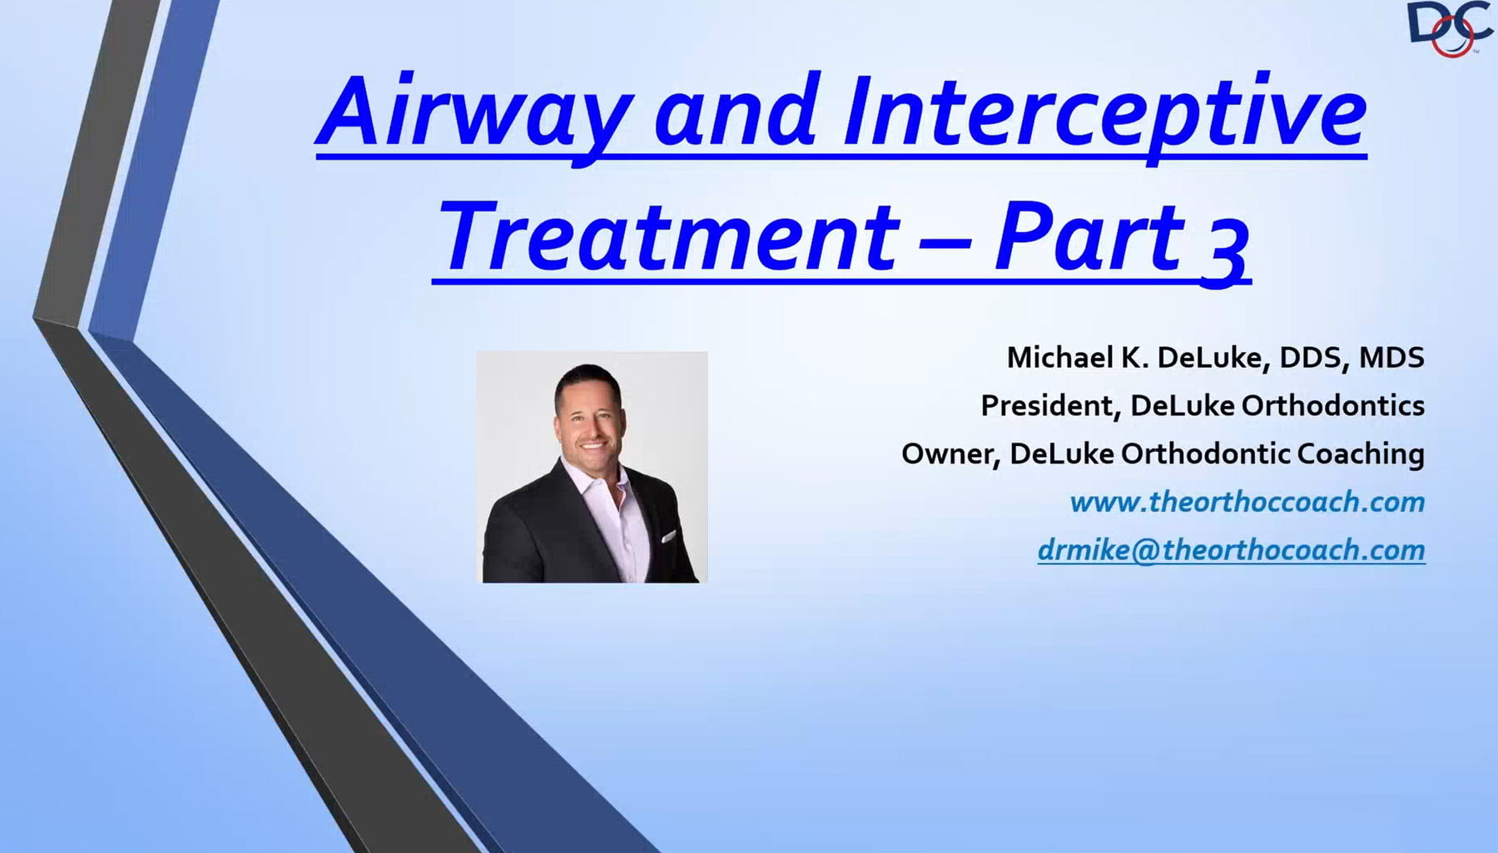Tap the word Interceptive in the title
coord(1103,112)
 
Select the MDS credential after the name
coord(1391,357)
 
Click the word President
coord(1049,405)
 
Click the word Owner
coord(949,454)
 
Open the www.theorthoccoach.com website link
coord(1246,502)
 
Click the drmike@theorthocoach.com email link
coord(1231,550)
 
